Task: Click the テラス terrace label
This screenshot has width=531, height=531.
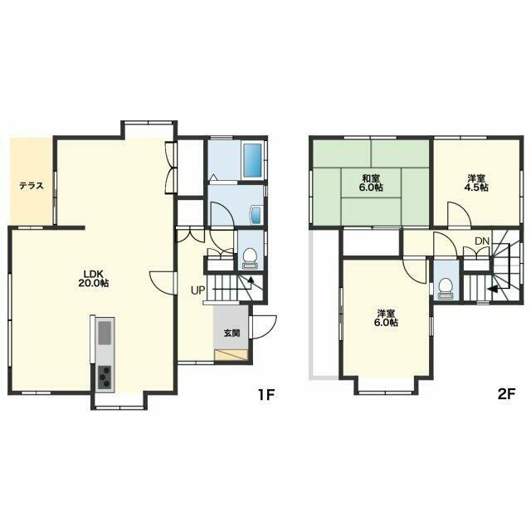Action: coord(32,186)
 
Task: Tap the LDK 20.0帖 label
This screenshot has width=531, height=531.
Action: coord(93,279)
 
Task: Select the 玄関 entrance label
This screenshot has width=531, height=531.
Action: coord(231,334)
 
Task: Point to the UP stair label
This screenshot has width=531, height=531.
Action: coord(197,290)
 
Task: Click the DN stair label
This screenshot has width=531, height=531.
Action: coord(482,241)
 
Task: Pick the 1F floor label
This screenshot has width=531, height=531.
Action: coord(265,395)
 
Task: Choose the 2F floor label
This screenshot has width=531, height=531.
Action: coord(507,395)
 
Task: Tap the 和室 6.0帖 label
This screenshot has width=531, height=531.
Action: coord(371,183)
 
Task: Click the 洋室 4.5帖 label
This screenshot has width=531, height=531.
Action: coord(476,183)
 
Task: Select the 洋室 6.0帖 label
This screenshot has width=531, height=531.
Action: coord(386,318)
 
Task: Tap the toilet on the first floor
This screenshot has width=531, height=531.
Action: coord(251,258)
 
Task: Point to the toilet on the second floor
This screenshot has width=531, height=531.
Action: coord(446,289)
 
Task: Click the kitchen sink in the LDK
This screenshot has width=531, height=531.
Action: coord(105,333)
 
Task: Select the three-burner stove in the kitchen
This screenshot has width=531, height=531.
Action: coord(105,378)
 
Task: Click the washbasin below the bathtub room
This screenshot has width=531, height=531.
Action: coord(256,215)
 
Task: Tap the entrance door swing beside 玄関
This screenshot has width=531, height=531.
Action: coord(264,327)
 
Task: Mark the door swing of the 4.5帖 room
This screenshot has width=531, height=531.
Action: coord(459,213)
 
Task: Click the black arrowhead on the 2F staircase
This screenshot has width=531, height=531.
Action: coord(492,289)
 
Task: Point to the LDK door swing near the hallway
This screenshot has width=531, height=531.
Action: coord(162,283)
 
